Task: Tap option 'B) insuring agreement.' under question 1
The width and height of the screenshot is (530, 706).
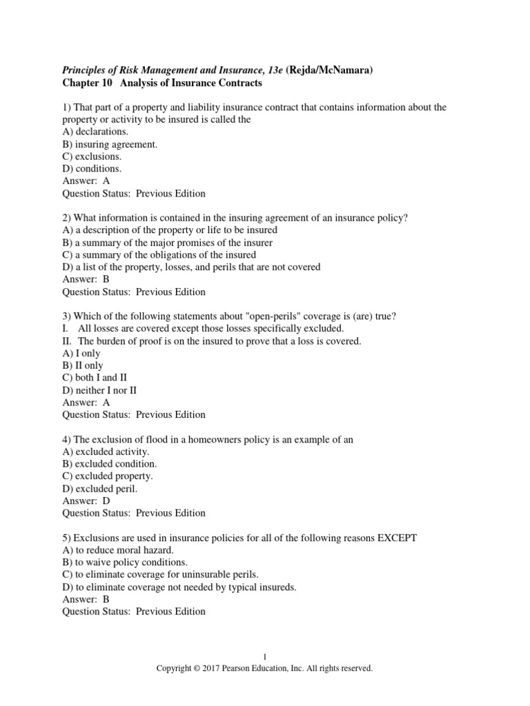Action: coord(110,144)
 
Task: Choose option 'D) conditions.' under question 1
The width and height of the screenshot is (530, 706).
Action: coord(92,169)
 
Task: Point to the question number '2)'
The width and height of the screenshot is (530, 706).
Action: coord(67,218)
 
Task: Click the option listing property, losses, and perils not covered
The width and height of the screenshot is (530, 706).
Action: coord(191,267)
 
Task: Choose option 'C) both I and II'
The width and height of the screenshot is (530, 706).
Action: coord(95,378)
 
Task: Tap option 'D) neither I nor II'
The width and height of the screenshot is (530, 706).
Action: coord(100,390)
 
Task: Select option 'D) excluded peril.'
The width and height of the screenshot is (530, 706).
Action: coord(99,488)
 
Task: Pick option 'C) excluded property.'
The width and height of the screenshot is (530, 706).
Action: coord(108,476)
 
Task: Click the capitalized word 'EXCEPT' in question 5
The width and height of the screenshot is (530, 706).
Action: coord(396,538)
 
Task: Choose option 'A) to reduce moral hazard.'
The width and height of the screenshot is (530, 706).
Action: coord(118,549)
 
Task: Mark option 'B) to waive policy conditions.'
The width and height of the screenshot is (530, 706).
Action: coord(124,562)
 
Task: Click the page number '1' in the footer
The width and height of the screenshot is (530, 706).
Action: coord(264,657)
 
